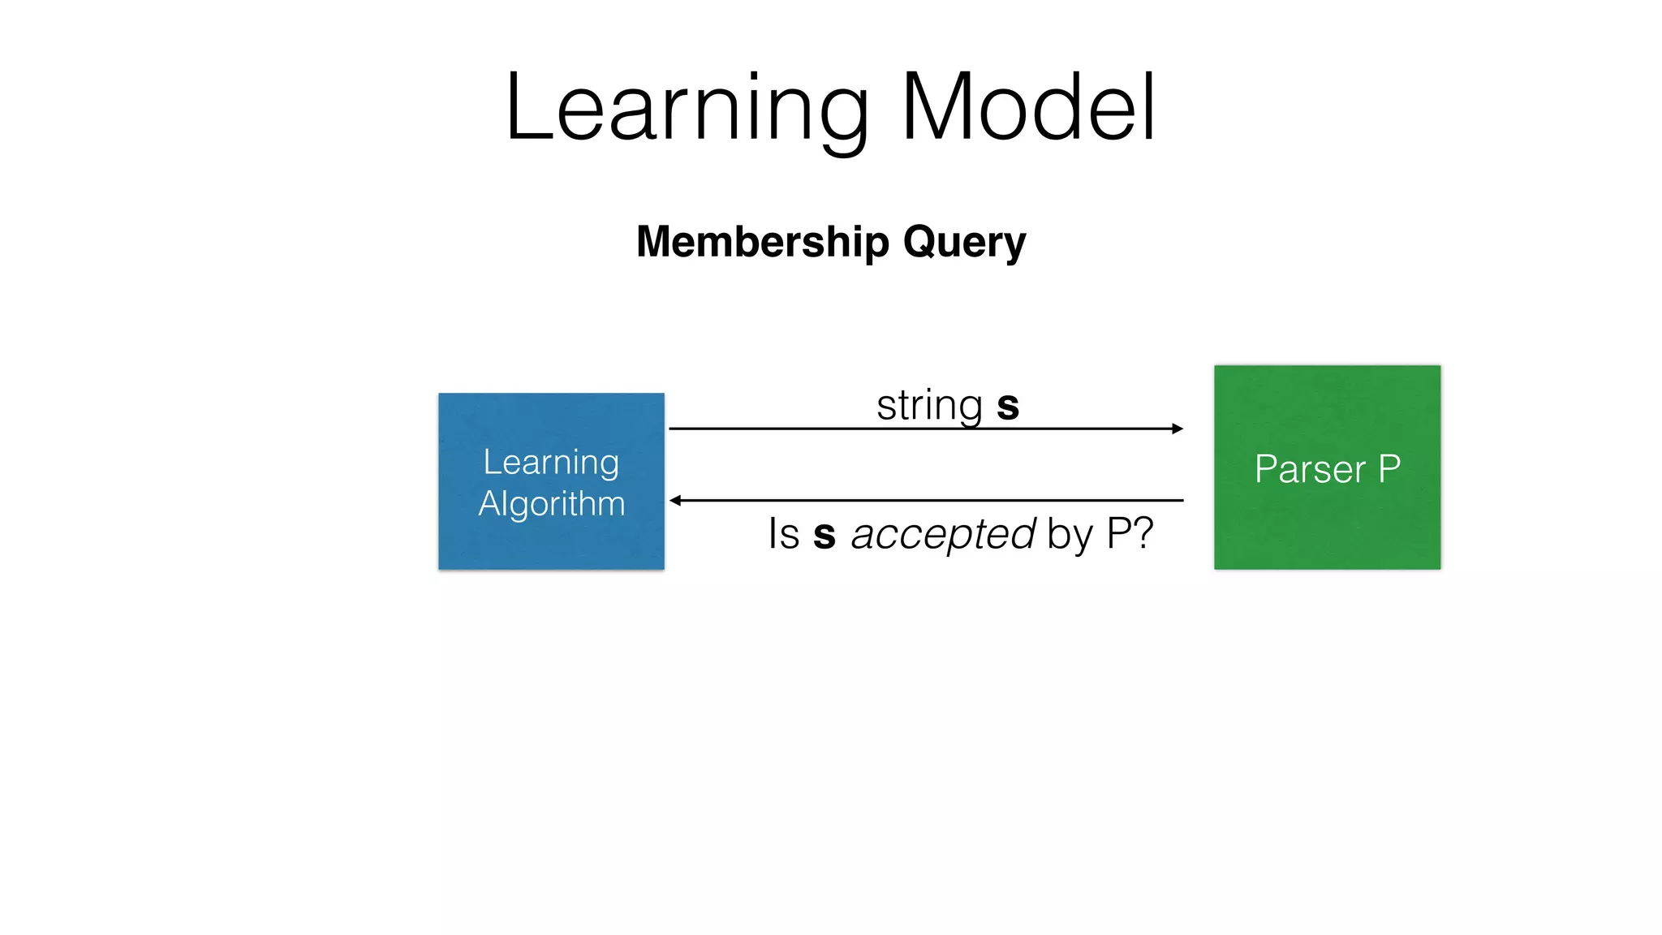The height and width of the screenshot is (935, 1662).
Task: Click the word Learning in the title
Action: [x=687, y=110]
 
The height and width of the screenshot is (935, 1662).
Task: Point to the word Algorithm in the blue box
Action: [x=552, y=504]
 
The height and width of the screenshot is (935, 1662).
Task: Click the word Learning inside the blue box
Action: [x=551, y=463]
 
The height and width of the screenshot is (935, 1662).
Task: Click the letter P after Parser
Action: [x=1389, y=468]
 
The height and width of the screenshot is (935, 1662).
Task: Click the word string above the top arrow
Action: [x=929, y=405]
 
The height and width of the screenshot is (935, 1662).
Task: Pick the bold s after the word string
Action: [x=1007, y=407]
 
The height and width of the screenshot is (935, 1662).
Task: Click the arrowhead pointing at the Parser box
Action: [x=1178, y=429]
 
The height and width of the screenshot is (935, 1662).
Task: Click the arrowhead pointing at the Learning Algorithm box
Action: [x=675, y=501]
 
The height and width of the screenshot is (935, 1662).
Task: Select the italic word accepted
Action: [x=942, y=535]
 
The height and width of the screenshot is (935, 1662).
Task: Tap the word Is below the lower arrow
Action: [x=784, y=534]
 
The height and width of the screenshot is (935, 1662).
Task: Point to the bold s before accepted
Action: [x=824, y=536]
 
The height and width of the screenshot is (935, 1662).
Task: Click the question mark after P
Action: [x=1143, y=533]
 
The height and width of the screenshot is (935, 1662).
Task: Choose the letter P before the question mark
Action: [x=1118, y=533]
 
